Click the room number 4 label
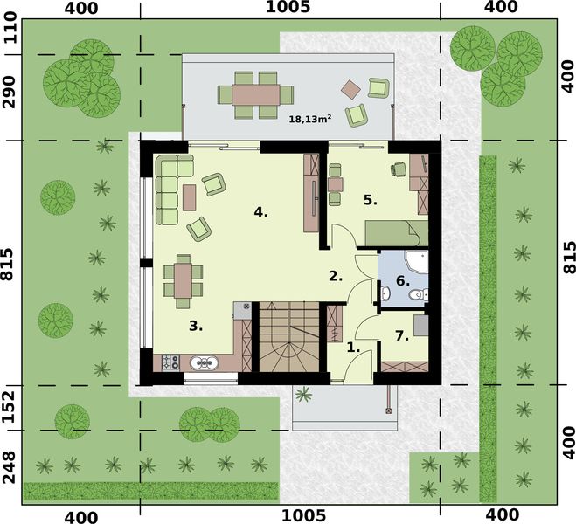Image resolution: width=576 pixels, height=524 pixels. pyautogui.click(x=260, y=212)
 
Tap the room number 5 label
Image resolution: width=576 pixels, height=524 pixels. pyautogui.click(x=371, y=200)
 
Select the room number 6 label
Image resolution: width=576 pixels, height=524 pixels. pyautogui.click(x=402, y=281)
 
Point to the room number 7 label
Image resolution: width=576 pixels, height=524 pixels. pyautogui.click(x=402, y=335)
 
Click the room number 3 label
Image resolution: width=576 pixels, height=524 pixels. pyautogui.click(x=196, y=326)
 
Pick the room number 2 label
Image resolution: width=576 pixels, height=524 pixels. pyautogui.click(x=336, y=277)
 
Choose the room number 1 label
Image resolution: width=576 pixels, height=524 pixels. pyautogui.click(x=354, y=347)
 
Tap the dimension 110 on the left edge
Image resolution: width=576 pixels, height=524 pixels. pyautogui.click(x=11, y=34)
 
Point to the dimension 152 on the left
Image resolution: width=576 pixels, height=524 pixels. pyautogui.click(x=11, y=407)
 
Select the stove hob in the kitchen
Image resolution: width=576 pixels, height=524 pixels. pyautogui.click(x=170, y=362)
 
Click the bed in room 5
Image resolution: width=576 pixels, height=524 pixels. pyautogui.click(x=396, y=233)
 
